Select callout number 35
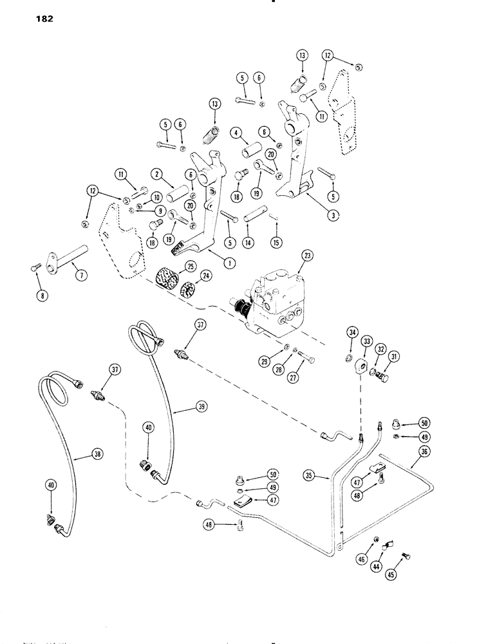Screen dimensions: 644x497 310,476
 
